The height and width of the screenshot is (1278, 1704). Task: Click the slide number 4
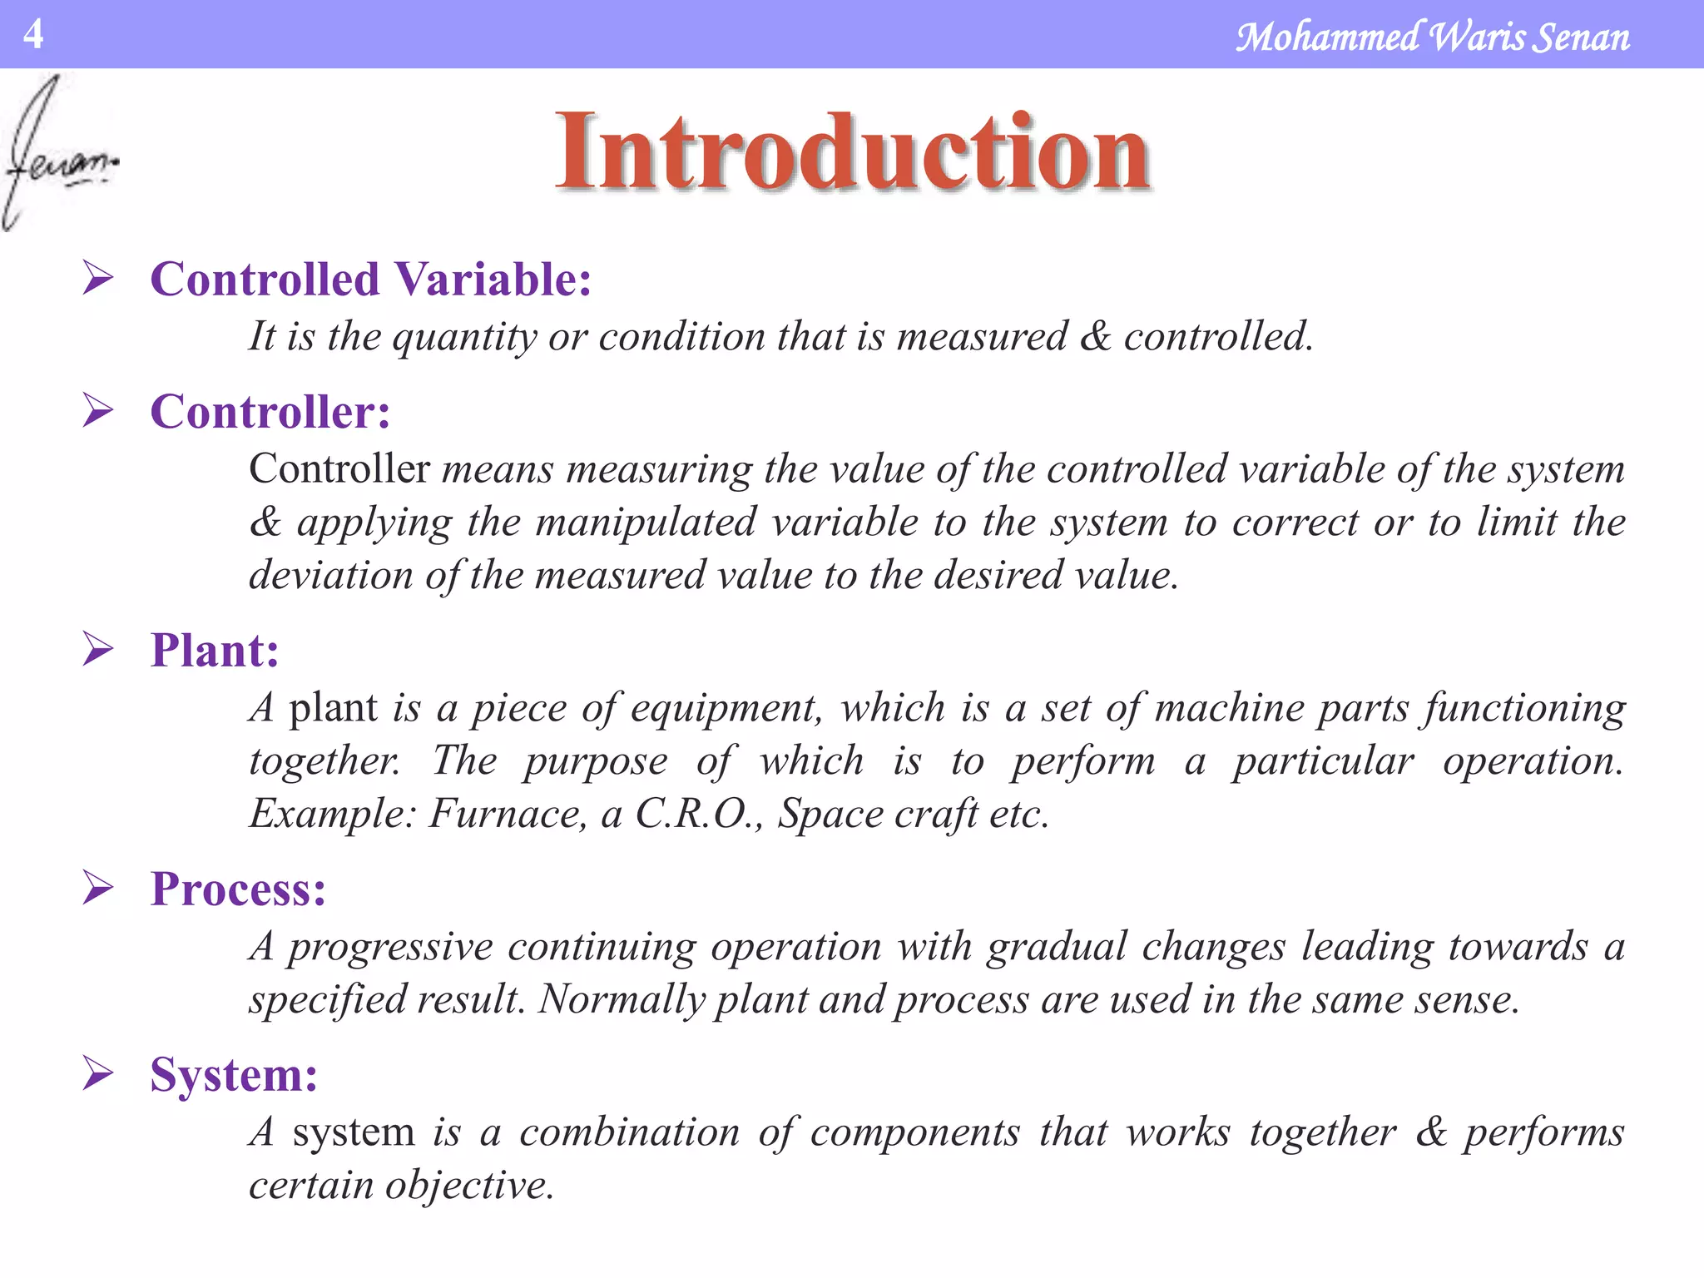(32, 34)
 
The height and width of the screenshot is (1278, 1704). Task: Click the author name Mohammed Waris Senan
(1432, 37)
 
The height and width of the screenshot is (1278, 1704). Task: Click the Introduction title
(853, 152)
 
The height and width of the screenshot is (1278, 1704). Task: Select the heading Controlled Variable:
(370, 279)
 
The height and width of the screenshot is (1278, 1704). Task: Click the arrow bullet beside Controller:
(97, 411)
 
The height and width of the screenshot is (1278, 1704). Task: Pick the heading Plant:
(214, 650)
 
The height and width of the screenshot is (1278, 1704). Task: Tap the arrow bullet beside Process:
(97, 888)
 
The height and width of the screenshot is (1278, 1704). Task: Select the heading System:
(234, 1074)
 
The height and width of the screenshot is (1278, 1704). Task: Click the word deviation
(330, 575)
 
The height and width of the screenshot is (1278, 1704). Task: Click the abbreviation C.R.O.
(697, 813)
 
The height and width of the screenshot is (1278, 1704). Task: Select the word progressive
(390, 948)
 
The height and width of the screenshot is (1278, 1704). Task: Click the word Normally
(622, 1000)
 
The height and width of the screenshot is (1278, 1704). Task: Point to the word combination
(629, 1132)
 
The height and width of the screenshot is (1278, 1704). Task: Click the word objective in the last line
(468, 1186)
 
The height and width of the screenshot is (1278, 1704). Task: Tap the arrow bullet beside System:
(97, 1073)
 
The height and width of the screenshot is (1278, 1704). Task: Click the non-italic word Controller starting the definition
(339, 468)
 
